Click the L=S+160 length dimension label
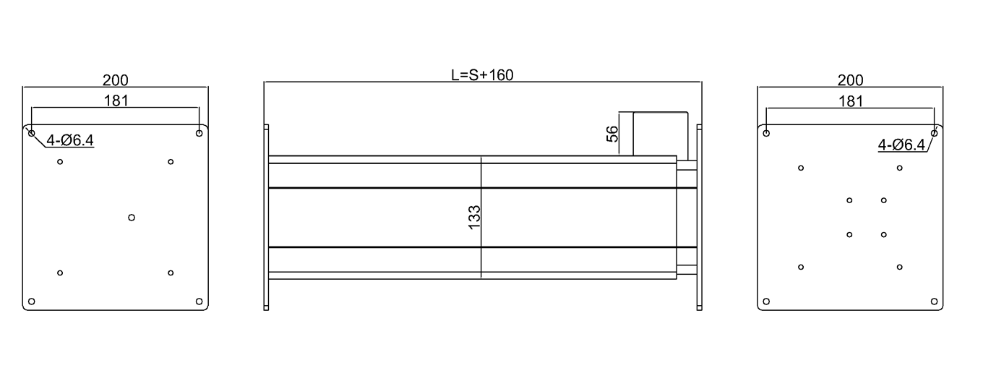482,74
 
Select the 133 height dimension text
475,218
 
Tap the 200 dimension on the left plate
116,80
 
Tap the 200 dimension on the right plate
850,80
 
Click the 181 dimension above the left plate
116,100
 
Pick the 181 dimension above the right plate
851,101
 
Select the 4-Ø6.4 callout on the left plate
70,140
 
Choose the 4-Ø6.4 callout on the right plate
901,145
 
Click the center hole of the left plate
132,217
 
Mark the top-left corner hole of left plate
31,133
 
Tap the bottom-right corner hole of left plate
199,301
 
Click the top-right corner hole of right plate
934,133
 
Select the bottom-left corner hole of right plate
766,301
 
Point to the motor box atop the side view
661,134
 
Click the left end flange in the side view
266,217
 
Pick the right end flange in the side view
700,217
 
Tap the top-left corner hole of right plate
766,133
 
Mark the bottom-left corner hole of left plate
31,301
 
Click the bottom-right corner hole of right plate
934,301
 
